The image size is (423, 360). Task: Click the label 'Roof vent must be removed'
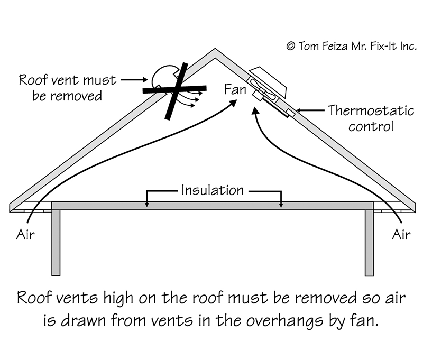click(67, 88)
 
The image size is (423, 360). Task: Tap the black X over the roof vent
click(174, 90)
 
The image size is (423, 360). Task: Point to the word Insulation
click(213, 189)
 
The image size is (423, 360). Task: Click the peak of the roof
click(215, 52)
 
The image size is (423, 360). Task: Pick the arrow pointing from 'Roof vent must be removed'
click(134, 80)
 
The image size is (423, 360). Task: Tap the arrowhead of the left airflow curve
click(233, 103)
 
